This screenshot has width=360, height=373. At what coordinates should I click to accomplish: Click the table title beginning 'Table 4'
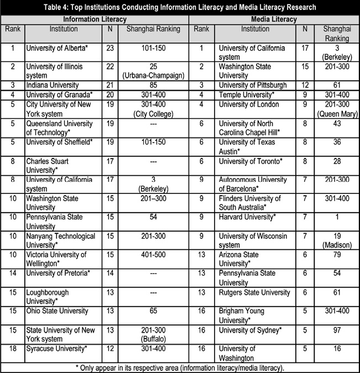pos(180,7)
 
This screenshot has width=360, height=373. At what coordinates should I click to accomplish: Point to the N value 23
pos(109,48)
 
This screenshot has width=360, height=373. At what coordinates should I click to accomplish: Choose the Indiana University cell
pos(53,85)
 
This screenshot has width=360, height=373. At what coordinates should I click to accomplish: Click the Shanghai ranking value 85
pos(153,85)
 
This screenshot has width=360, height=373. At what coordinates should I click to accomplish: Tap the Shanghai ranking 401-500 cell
pos(153,255)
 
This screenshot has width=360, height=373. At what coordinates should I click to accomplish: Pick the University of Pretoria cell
pos(58,273)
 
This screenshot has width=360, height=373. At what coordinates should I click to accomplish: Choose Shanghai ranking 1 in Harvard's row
pos(336,217)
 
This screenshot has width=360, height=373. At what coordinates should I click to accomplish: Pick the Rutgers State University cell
pos(254,292)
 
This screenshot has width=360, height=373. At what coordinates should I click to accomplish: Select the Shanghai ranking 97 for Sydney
pos(336,330)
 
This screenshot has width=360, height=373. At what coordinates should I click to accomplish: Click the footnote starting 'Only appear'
pos(180,367)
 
